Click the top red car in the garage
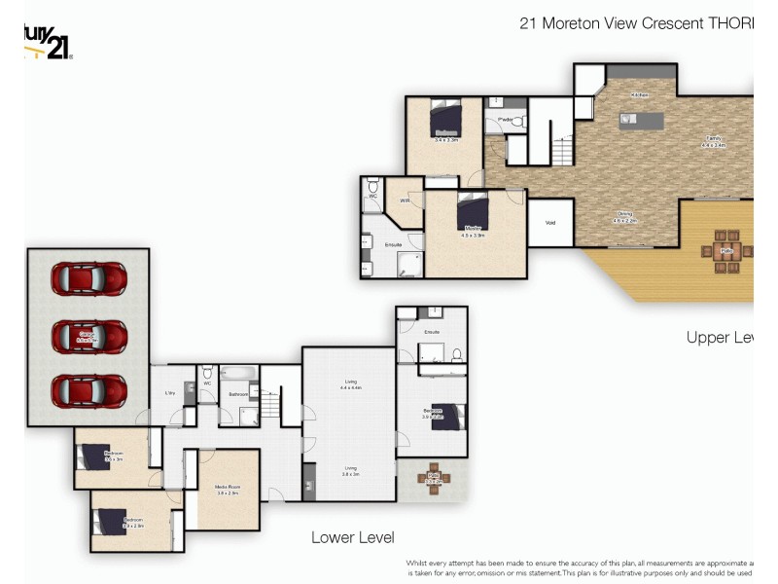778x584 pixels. click(88, 278)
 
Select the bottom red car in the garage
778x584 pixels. click(88, 391)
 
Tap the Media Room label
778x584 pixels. click(228, 491)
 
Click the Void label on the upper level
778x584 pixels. click(550, 223)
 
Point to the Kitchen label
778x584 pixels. click(639, 94)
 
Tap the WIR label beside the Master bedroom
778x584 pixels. click(404, 201)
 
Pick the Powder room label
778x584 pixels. click(505, 120)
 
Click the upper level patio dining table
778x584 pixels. click(726, 247)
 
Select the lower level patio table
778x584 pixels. click(433, 478)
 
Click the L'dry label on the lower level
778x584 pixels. click(169, 393)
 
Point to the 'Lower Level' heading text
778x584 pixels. click(352, 537)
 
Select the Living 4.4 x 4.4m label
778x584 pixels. click(350, 384)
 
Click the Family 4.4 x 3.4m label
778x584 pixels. click(713, 142)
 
